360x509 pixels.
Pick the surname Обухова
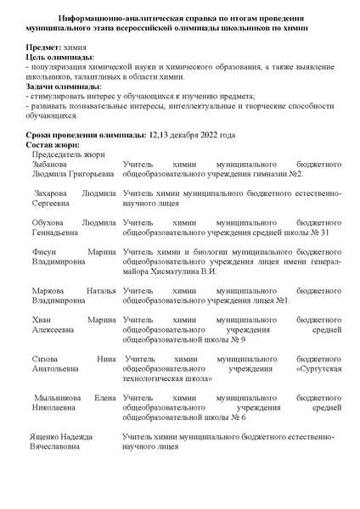pos(52,223)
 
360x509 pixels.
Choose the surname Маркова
pos(51,291)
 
